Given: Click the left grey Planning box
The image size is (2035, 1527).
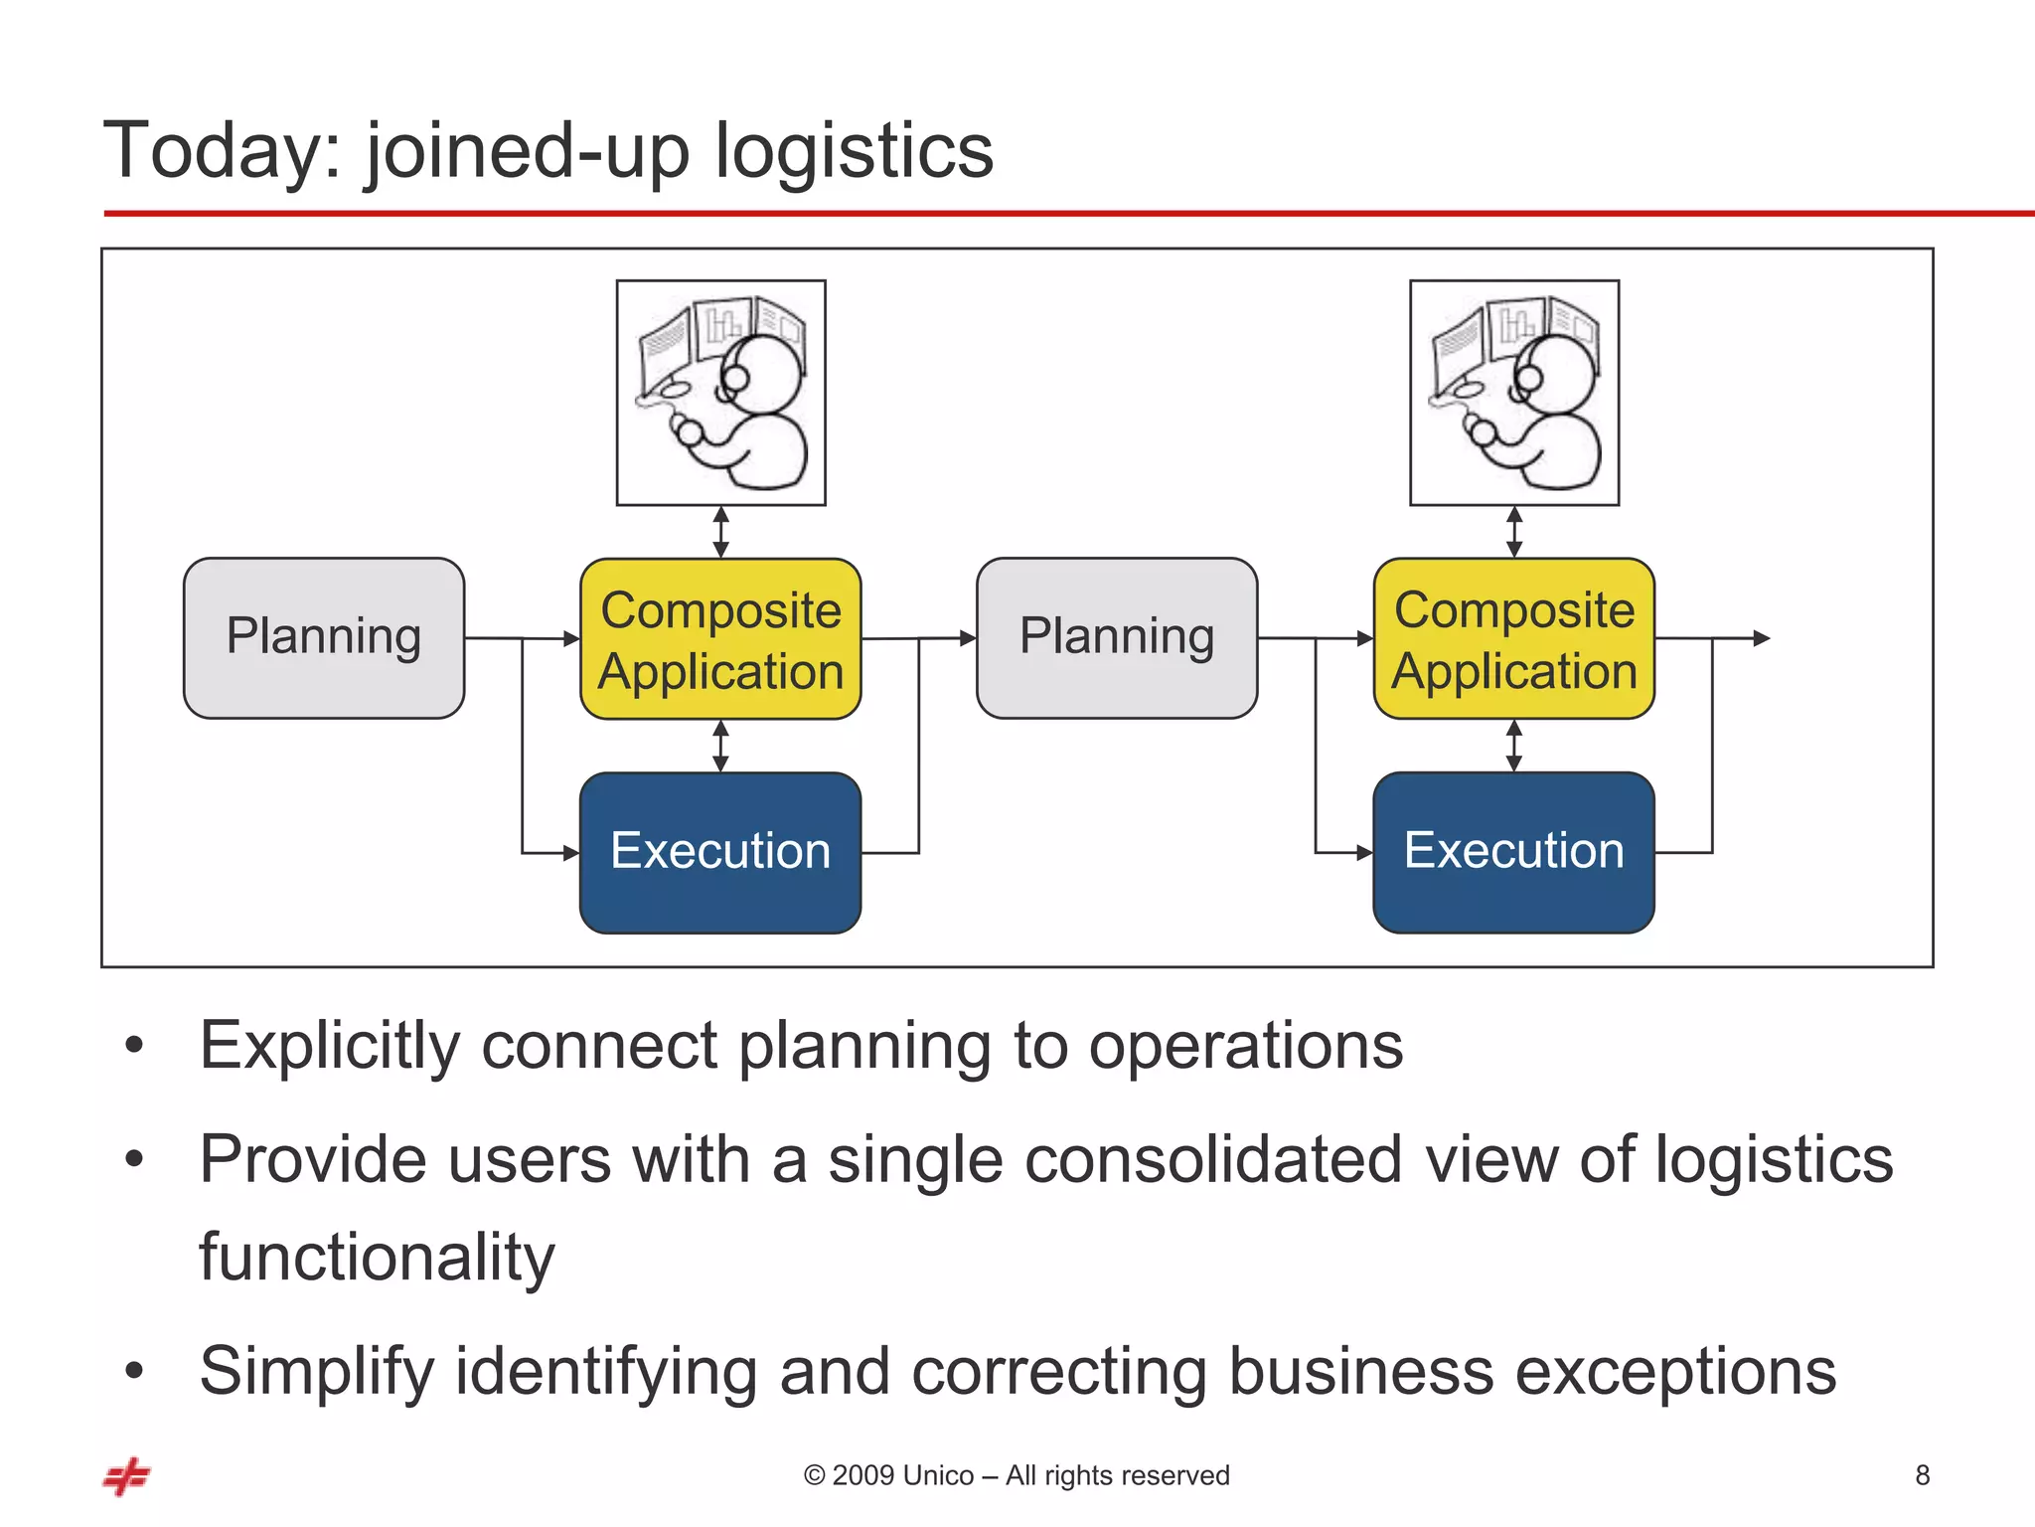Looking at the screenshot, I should pos(324,637).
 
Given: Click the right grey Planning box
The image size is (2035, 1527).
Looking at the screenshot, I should pos(1117,637).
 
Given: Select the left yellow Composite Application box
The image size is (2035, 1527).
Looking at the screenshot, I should pos(720,638).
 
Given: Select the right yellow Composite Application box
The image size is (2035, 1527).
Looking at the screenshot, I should pos(1513,638).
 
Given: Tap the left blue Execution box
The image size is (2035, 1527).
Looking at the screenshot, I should pos(720,852).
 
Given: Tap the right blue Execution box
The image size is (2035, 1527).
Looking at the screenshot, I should pos(1513,852).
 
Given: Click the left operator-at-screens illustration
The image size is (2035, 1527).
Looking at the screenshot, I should pos(720,393).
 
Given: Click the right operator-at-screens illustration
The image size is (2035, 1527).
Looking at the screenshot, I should pos(1513,393).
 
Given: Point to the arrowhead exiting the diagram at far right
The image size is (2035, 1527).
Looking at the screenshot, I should pos(1762,638).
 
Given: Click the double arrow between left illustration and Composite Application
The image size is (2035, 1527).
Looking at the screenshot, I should pos(721,532).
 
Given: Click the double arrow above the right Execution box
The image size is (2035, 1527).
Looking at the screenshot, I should pos(1513,746).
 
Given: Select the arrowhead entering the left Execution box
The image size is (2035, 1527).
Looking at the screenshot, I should pos(571,853).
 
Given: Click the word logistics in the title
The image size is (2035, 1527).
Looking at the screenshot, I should pos(854,151).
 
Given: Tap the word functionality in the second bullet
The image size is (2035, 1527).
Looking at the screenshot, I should pos(377,1258).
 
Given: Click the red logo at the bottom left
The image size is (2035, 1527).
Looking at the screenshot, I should pos(127,1476).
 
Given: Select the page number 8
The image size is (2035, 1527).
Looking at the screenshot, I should pos(1922,1475).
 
